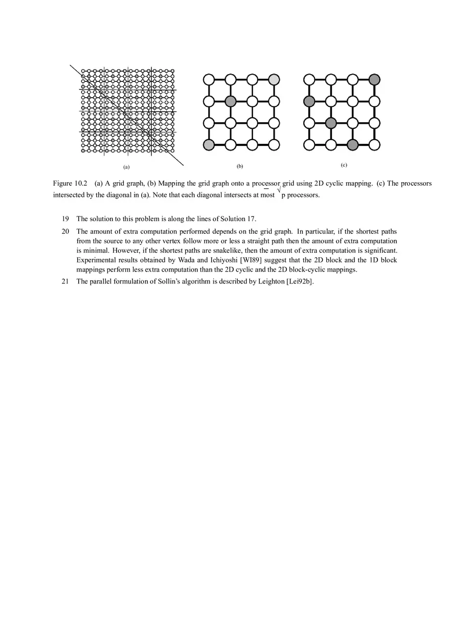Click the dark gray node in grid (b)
(x=230, y=101)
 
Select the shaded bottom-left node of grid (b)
(x=209, y=145)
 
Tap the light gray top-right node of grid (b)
(x=274, y=79)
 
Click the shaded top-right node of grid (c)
(x=374, y=79)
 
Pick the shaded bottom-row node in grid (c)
(x=352, y=145)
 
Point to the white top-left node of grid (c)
(x=309, y=79)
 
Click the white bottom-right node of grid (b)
(x=274, y=145)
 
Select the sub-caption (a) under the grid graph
(x=126, y=167)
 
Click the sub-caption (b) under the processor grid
(x=240, y=166)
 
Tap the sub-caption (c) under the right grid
(x=344, y=165)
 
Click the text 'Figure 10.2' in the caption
(x=70, y=183)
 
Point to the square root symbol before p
(x=279, y=191)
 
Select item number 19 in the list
(x=65, y=219)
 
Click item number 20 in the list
(x=65, y=232)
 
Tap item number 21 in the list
(x=65, y=281)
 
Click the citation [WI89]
(x=254, y=260)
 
